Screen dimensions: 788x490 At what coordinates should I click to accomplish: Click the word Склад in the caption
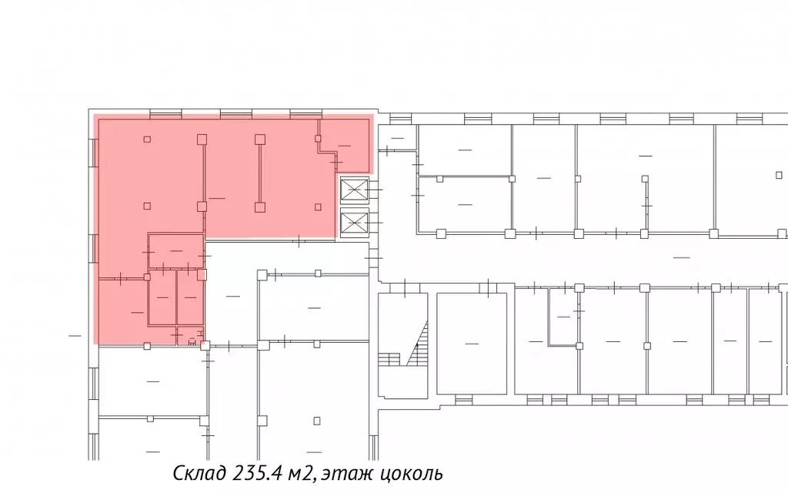[x=200, y=473]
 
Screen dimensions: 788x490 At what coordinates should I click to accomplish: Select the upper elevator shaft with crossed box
[x=355, y=190]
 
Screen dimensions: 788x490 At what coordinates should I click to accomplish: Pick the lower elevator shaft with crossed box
[x=355, y=222]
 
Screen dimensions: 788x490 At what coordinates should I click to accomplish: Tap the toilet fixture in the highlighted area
[x=192, y=341]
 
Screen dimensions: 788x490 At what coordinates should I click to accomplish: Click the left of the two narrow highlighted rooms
[x=162, y=297]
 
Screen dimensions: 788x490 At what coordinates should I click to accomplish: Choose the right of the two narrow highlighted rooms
[x=190, y=297]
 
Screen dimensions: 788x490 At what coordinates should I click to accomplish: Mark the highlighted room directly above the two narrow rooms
[x=176, y=250]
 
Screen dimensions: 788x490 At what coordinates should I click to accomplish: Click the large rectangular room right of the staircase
[x=472, y=344]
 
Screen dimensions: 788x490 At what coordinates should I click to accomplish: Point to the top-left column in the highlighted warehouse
[x=147, y=139]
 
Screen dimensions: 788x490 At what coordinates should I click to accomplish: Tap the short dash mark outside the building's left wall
[x=75, y=336]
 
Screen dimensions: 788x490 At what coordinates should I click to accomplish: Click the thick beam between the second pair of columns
[x=260, y=173]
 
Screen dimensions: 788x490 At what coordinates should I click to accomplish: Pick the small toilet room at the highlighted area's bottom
[x=190, y=335]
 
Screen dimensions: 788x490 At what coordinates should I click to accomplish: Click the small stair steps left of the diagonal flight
[x=389, y=359]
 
